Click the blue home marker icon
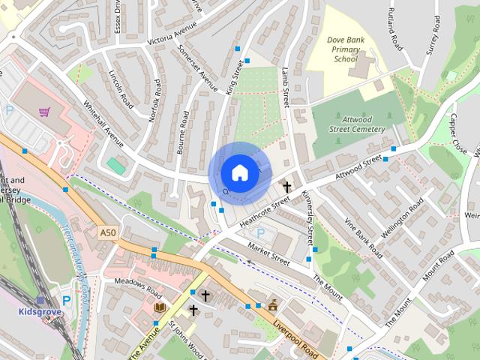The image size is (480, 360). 238,172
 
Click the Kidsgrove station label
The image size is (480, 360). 40,310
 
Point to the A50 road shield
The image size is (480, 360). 107,234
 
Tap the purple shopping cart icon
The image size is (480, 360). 44,112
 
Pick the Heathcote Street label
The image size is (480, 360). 264,214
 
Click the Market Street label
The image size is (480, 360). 268,256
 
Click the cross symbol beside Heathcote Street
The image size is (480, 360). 286,185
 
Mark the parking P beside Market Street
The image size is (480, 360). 260,233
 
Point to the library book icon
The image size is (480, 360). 160,307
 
